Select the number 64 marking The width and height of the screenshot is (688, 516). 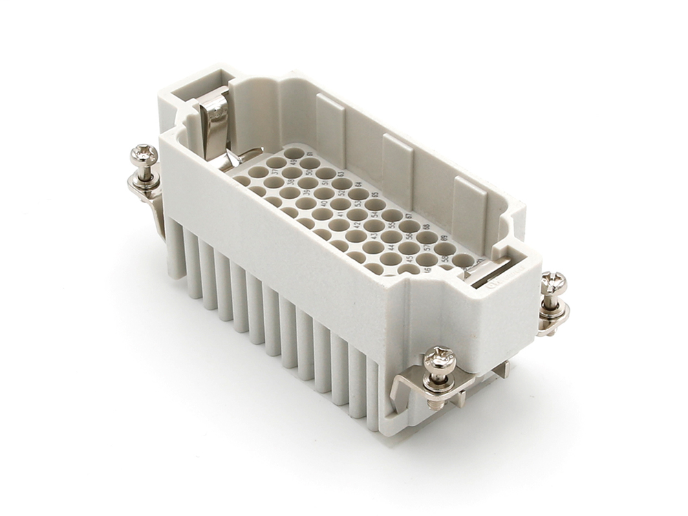358,184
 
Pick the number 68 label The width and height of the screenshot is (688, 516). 427,227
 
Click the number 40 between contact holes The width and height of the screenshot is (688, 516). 324,203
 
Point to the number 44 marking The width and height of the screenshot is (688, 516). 391,247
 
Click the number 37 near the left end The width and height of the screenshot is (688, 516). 275,172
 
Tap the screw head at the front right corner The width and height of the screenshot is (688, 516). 439,359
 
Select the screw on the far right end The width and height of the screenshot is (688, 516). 553,281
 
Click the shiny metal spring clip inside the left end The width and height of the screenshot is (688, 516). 215,124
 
